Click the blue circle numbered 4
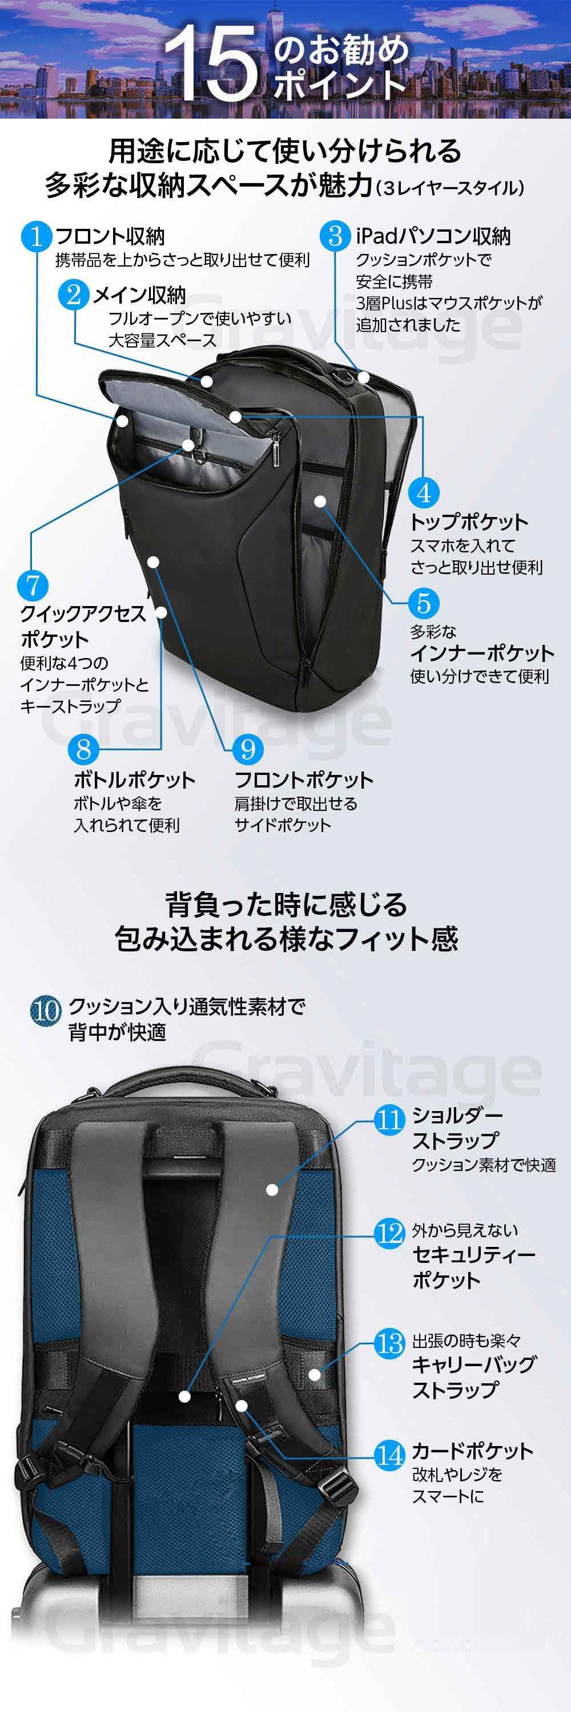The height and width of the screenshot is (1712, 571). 424,493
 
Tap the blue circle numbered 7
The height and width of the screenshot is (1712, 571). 33,586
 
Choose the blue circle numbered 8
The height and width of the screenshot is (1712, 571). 84,750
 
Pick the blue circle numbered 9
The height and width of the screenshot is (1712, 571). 247,750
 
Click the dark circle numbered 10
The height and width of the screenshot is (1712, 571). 46,1011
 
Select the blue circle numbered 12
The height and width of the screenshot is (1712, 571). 389,1233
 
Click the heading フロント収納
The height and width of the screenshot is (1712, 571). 110,236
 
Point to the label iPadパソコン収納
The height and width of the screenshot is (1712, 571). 433,236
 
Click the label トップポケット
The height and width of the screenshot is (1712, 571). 469,522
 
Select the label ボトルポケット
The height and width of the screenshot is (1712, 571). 134,780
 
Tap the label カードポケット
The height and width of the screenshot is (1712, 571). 473,1450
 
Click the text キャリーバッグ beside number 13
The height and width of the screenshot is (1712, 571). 473,1364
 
